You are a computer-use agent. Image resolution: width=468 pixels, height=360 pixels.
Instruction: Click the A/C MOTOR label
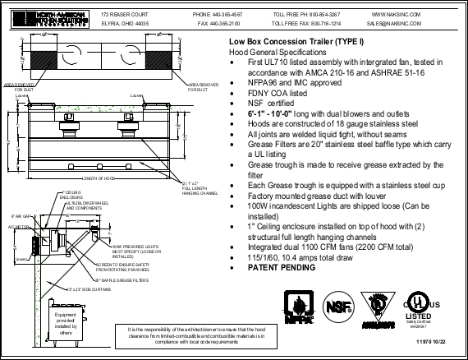[x=17, y=225]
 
